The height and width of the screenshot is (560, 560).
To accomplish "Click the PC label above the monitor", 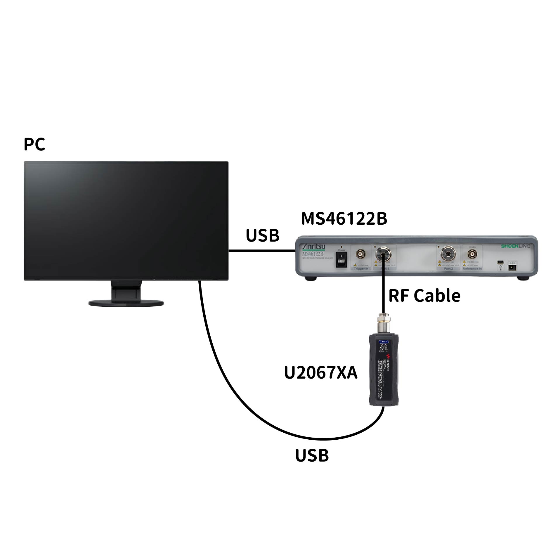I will point(34,144).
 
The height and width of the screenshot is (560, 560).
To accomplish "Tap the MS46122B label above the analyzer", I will point(344,219).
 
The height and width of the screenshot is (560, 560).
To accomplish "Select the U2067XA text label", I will point(320,373).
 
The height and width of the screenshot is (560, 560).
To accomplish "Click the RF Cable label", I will point(424,295).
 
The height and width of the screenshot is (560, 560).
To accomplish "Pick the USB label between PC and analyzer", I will point(262,235).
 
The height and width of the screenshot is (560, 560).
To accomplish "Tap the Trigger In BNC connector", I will point(361,255).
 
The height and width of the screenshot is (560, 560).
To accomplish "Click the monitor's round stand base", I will point(126,303).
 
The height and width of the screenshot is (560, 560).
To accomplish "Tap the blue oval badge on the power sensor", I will point(383,341).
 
